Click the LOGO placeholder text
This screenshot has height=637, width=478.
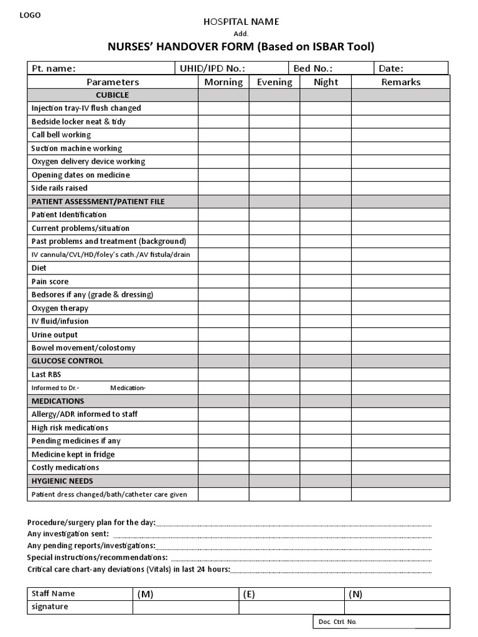[30, 16]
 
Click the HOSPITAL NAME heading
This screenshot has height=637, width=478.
[241, 22]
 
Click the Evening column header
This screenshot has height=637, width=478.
[274, 82]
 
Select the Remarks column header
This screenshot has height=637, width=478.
[400, 82]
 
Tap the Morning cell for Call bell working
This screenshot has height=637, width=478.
[223, 135]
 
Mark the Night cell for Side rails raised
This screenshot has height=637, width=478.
[326, 188]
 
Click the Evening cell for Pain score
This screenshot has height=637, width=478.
[274, 282]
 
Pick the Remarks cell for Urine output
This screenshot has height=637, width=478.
[400, 335]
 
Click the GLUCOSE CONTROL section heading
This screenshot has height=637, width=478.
[67, 361]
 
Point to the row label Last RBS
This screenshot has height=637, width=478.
[47, 374]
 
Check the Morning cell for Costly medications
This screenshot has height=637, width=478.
[223, 467]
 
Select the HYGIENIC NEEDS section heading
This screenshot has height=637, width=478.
[62, 481]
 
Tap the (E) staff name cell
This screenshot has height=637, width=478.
[291, 594]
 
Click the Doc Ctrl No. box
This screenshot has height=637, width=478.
[381, 621]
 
